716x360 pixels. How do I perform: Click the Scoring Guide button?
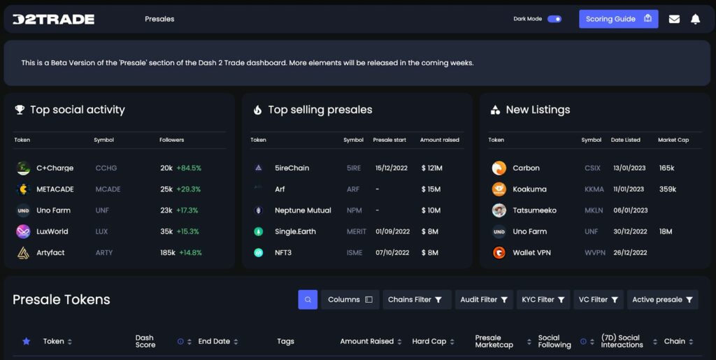point(618,19)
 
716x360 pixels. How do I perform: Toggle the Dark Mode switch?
point(554,19)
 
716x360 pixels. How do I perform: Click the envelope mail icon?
point(674,19)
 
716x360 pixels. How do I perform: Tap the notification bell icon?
point(695,19)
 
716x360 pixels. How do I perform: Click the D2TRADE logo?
point(53,19)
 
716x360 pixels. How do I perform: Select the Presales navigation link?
point(159,19)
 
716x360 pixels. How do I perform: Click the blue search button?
point(308,300)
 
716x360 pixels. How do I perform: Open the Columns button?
point(350,300)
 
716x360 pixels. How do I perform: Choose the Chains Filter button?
point(417,300)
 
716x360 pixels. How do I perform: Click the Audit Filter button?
point(484,300)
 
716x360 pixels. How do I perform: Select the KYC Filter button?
point(543,300)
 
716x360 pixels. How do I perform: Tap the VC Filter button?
point(599,300)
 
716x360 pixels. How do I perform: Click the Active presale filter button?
point(663,300)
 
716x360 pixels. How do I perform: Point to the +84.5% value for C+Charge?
point(189,168)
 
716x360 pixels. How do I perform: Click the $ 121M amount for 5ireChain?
point(432,168)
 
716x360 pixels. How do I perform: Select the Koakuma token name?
point(530,189)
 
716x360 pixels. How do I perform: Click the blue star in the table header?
point(27,341)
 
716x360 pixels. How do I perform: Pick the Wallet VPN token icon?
point(499,252)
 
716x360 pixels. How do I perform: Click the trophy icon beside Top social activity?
point(20,110)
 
